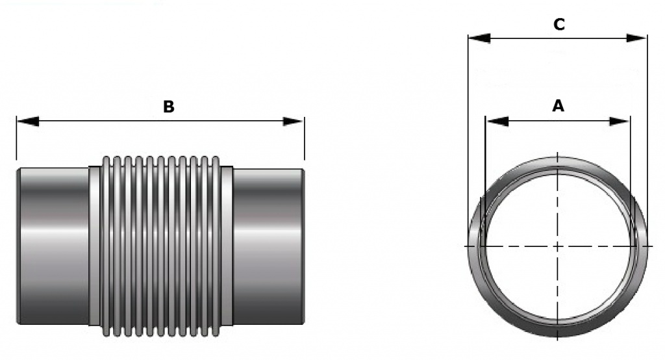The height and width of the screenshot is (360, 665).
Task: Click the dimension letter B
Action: tap(169, 107)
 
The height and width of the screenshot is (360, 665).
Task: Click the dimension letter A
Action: tap(558, 105)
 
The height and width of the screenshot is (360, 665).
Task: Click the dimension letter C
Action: tap(559, 25)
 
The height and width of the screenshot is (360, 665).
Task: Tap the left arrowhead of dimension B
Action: tap(28, 122)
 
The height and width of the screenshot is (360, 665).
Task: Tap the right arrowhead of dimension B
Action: tap(293, 122)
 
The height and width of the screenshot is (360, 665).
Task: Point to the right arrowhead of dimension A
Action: tap(619, 122)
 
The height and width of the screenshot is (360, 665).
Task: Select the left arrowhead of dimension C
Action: tap(479, 38)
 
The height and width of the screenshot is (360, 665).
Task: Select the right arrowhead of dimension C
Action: tap(636, 38)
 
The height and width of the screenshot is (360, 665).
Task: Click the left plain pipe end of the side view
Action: tap(53, 246)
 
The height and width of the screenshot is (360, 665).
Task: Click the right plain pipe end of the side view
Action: tap(268, 246)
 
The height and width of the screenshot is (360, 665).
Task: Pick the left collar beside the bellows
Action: tap(95, 246)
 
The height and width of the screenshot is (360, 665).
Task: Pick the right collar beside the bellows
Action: tap(227, 246)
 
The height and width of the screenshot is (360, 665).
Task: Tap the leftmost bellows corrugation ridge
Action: tap(106, 246)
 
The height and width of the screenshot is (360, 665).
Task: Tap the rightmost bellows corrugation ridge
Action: tap(216, 246)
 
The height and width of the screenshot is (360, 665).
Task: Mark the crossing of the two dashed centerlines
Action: tap(557, 246)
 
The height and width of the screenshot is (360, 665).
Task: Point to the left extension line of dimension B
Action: tap(16, 138)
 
